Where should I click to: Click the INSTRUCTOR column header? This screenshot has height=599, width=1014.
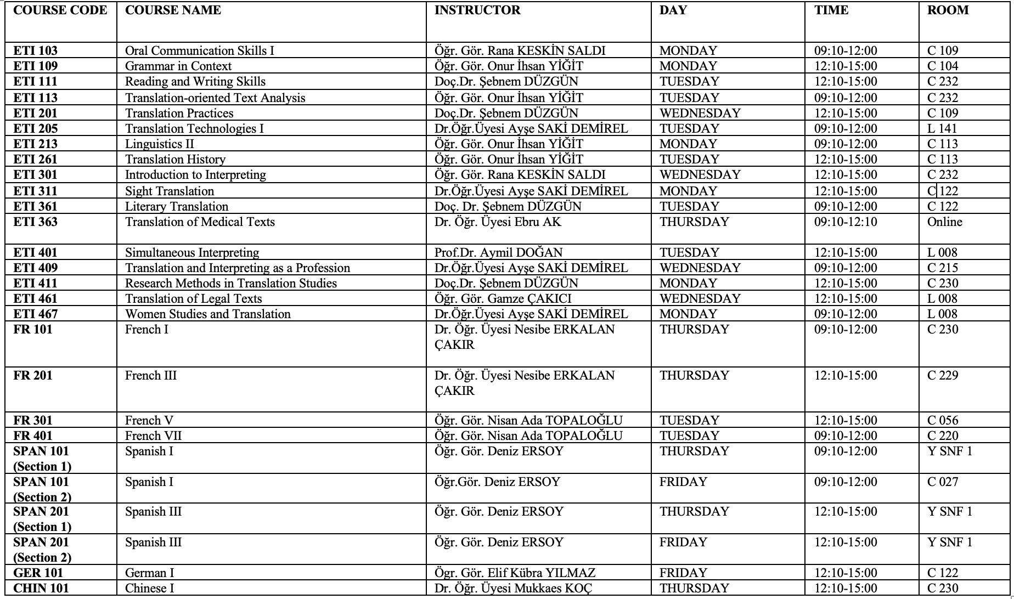point(477,10)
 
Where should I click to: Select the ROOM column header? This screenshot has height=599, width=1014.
point(948,10)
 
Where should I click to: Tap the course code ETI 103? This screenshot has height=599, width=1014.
point(35,51)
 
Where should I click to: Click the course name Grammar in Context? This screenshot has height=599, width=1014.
point(178,66)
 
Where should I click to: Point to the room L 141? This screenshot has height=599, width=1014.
point(942,129)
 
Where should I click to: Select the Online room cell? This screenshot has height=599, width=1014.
point(944,222)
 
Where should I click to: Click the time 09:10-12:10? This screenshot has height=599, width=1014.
point(845,222)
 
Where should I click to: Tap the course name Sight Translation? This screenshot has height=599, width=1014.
point(169,191)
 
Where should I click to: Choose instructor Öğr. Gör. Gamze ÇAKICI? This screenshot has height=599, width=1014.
point(503,299)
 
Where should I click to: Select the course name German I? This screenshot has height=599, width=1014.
point(149,573)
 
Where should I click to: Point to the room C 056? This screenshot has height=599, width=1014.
point(942,421)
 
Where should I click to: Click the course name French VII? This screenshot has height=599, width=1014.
point(153,436)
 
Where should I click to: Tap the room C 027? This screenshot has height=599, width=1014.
point(942,482)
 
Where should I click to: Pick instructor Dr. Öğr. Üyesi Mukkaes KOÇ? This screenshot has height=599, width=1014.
point(513,589)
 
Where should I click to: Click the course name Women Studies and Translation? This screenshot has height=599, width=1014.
point(207,314)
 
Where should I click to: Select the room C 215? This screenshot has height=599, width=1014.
point(942,268)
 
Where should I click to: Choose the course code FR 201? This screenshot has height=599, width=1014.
point(33,376)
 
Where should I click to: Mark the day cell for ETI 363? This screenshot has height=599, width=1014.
point(694,222)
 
